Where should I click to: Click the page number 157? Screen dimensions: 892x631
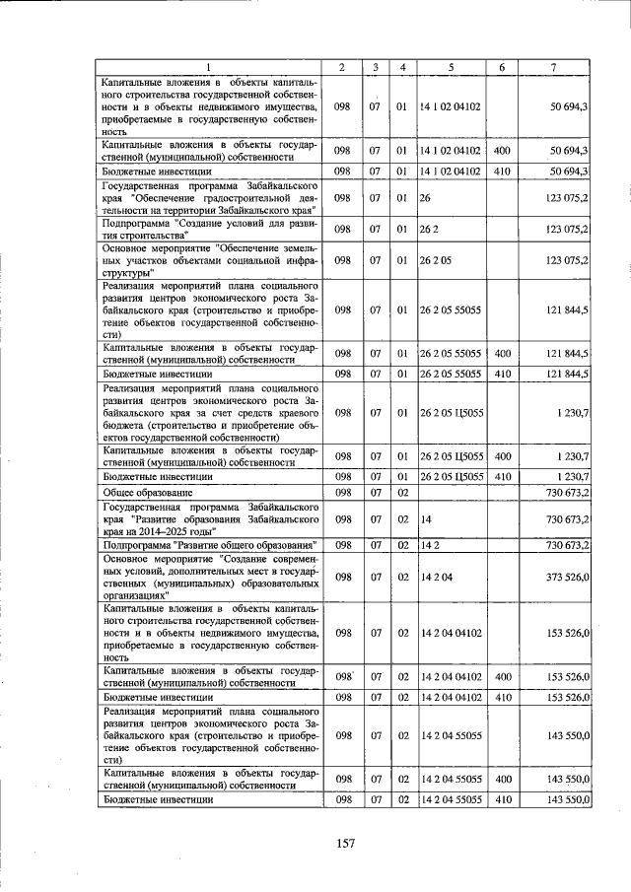(x=344, y=842)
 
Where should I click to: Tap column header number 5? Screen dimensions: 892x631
(x=451, y=67)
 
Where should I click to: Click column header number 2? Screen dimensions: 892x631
(x=341, y=67)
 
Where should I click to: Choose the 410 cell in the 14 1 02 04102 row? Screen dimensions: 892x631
(x=501, y=171)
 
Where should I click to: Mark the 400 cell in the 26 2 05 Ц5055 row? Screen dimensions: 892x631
(x=501, y=456)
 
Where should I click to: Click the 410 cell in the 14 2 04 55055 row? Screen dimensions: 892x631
(x=501, y=799)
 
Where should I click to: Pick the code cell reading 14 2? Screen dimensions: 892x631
(x=429, y=544)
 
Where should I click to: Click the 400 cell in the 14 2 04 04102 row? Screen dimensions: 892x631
(x=501, y=676)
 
